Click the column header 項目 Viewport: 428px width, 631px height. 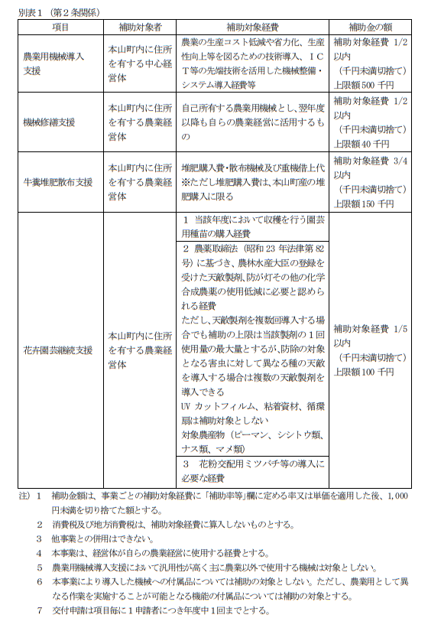tap(60, 28)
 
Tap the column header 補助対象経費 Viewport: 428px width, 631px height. tap(251, 28)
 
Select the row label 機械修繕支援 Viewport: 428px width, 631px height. tap(49, 122)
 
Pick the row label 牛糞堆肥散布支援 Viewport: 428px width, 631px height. tap(58, 182)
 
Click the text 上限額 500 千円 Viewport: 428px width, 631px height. tap(364, 83)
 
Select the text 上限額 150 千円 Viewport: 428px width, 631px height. tap(364, 203)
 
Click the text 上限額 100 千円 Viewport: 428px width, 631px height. tap(364, 372)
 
